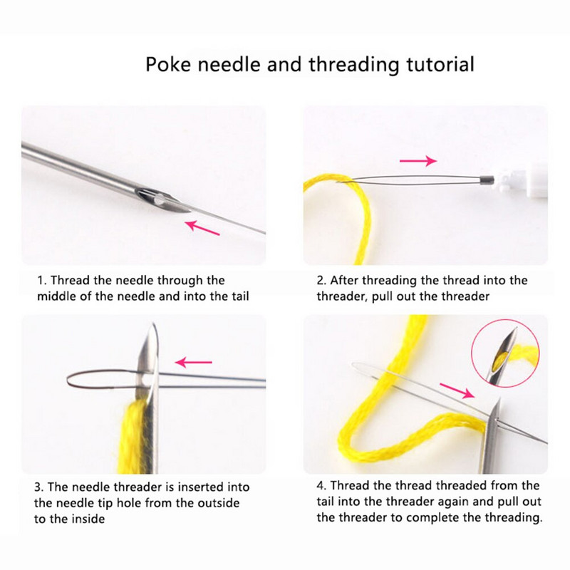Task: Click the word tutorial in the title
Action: tap(440, 64)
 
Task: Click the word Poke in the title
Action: tap(168, 64)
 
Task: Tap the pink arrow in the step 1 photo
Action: tap(202, 227)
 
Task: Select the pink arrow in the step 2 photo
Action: tap(418, 160)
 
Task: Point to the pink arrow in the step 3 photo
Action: tap(193, 362)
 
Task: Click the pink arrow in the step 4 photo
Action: tap(457, 390)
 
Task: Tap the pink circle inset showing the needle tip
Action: tap(505, 353)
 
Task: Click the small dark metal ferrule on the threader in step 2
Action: tap(487, 180)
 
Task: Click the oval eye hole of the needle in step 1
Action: tap(160, 199)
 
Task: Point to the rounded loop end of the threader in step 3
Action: tap(70, 380)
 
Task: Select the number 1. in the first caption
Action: tap(42, 280)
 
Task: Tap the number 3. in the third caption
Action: tap(39, 487)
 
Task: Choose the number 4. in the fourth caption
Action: tap(321, 485)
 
